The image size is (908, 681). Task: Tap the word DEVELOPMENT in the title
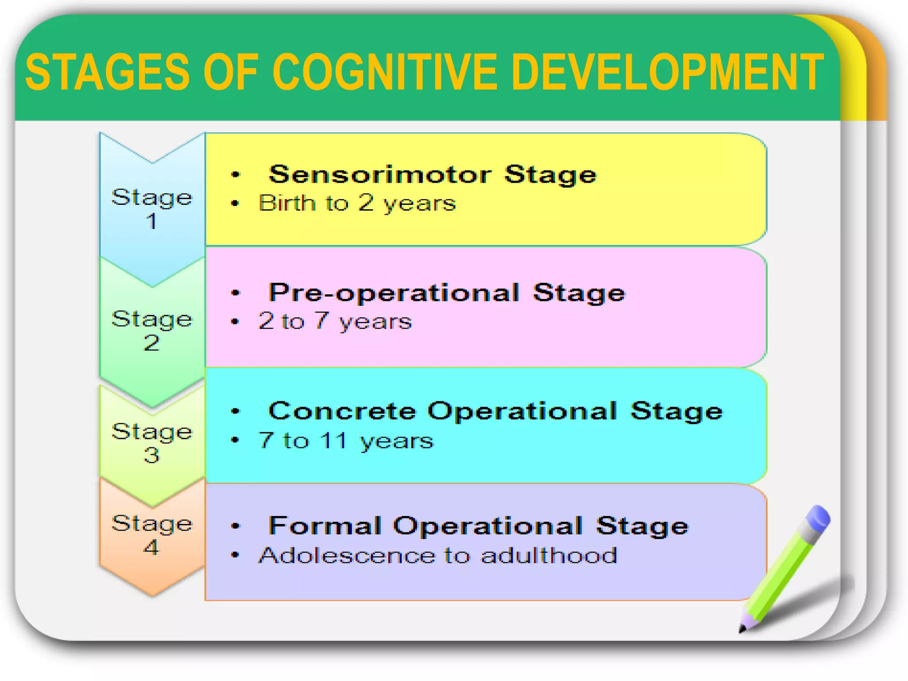pos(667,72)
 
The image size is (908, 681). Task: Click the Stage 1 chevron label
pos(152,208)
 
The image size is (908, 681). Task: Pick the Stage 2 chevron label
pos(152,330)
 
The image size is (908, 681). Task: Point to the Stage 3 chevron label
pos(152,442)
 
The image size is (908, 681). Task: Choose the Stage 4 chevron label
pos(152,535)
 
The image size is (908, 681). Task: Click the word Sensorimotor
pos(380,174)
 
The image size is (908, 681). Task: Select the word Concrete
pos(342,411)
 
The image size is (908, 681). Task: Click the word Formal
pos(325,526)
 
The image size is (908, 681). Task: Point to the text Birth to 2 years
pos(357,204)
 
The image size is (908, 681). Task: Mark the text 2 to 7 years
pos(335,321)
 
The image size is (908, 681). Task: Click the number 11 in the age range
pos(334,440)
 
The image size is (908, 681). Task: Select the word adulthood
pos(549,556)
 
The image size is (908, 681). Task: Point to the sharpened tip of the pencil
pos(742,629)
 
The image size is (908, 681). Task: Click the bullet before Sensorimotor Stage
pos(235,175)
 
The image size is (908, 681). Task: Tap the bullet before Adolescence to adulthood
pos(235,555)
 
